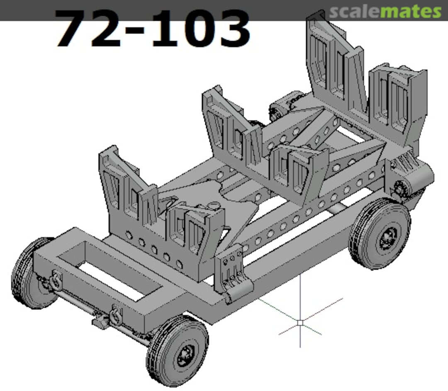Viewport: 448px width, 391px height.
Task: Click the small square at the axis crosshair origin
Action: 300,322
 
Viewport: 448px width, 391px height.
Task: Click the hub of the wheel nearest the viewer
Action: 183,355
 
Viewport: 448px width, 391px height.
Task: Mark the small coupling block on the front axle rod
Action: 100,321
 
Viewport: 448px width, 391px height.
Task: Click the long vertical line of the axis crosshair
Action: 300,299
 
